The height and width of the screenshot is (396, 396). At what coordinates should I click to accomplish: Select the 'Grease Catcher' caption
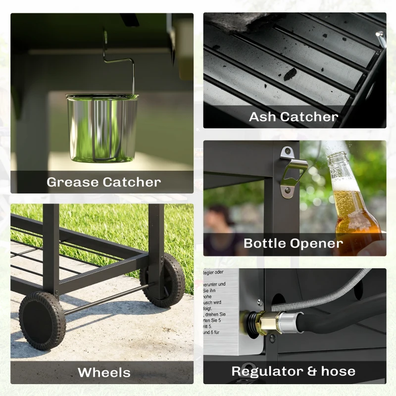click(103, 182)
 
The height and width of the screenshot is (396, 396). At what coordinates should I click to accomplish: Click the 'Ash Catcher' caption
click(293, 117)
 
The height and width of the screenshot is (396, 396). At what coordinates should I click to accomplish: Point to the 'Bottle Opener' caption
click(293, 244)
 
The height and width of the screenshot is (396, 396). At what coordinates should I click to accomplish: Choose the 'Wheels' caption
click(104, 372)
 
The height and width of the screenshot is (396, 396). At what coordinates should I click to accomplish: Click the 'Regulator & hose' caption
click(294, 371)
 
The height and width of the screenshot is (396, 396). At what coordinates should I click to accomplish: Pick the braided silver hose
click(327, 292)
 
